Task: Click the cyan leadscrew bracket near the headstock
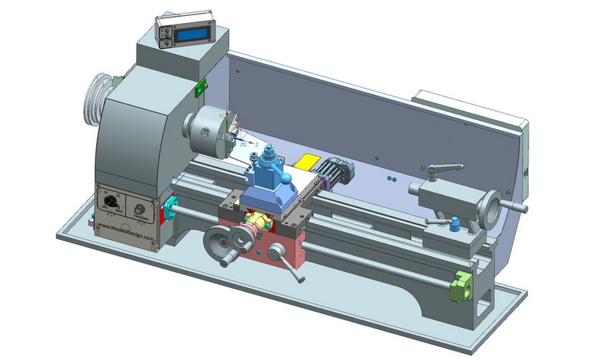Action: [x=170, y=206]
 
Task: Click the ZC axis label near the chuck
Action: [x=243, y=143]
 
